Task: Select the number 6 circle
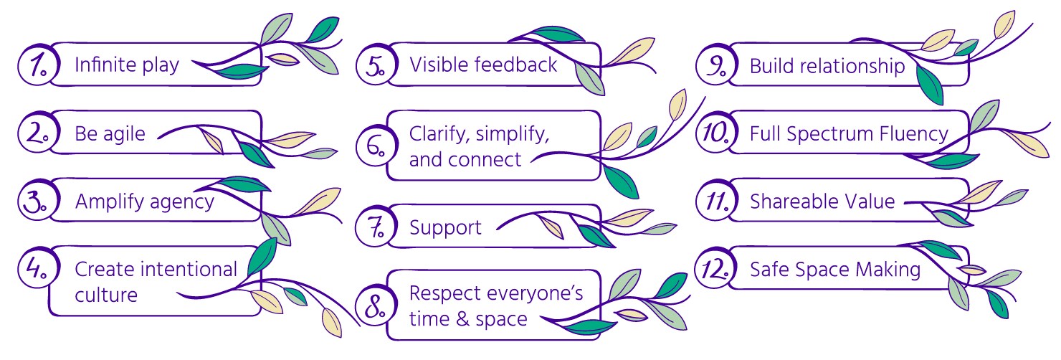[x=373, y=146]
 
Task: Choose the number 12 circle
[x=714, y=270]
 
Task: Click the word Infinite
[x=105, y=65]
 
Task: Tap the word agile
[x=127, y=134]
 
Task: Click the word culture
[x=106, y=295]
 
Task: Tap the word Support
[x=445, y=228]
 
